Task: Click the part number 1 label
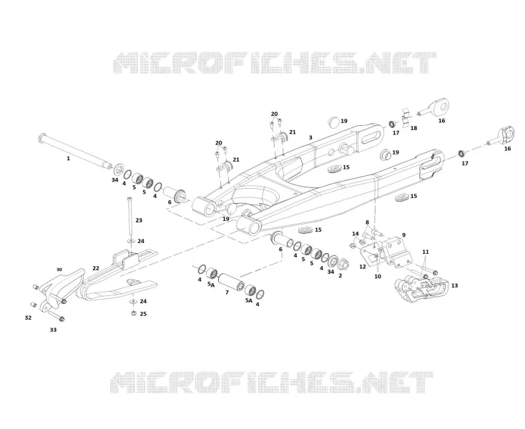click(68, 158)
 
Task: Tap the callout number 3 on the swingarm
click(310, 137)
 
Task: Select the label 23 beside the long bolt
click(139, 220)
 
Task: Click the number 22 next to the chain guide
click(96, 268)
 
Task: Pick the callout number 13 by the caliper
click(454, 285)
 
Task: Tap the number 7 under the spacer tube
click(227, 292)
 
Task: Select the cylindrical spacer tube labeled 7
click(232, 282)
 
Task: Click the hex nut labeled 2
click(344, 265)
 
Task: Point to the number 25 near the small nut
click(143, 314)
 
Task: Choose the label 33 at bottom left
click(53, 330)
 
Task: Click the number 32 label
click(28, 317)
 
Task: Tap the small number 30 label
click(59, 270)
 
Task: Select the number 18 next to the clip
click(413, 128)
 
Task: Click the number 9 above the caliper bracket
click(403, 235)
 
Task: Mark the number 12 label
click(363, 267)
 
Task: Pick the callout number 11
click(426, 252)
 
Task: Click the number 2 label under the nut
click(340, 276)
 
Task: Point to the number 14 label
click(355, 234)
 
